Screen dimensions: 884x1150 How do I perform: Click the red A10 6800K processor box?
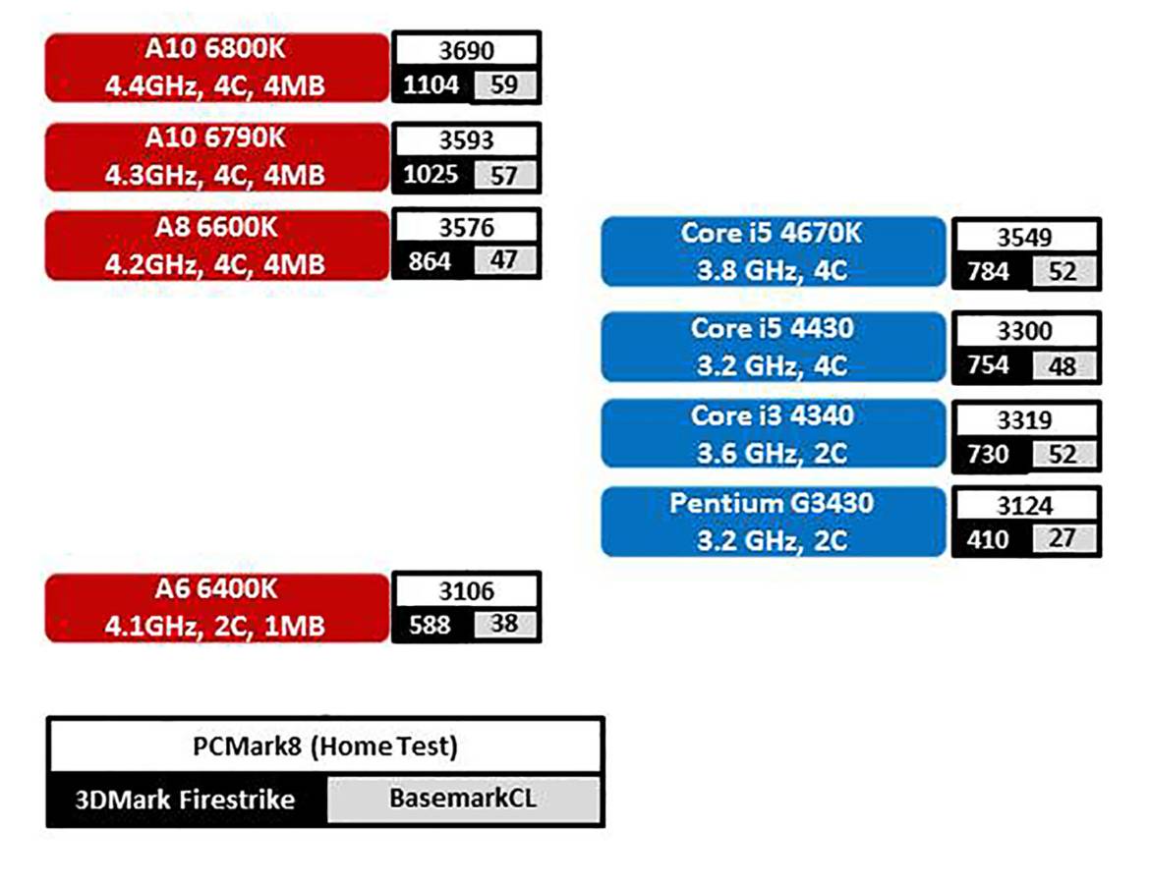pyautogui.click(x=217, y=67)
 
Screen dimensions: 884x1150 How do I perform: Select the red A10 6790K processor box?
pyautogui.click(x=217, y=157)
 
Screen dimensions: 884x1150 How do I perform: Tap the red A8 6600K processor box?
pyautogui.click(x=217, y=246)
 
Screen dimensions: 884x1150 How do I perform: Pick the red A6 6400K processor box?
pyautogui.click(x=217, y=608)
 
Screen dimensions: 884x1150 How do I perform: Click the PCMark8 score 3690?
pyautogui.click(x=466, y=51)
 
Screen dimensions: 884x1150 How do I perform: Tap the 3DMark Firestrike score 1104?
pyautogui.click(x=431, y=85)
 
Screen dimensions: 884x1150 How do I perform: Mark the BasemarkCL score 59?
pyautogui.click(x=504, y=85)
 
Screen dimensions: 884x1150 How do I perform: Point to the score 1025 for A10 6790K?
pyautogui.click(x=431, y=176)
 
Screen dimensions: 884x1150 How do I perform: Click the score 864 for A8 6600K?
pyautogui.click(x=431, y=262)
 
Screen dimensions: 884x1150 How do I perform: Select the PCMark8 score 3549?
pyautogui.click(x=1024, y=238)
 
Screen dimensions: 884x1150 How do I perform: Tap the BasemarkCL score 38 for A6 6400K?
pyautogui.click(x=504, y=625)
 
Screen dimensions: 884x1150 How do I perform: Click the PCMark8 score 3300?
pyautogui.click(x=1024, y=331)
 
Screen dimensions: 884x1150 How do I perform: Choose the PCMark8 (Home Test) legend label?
pyautogui.click(x=324, y=747)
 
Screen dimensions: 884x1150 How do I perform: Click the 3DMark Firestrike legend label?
pyautogui.click(x=186, y=800)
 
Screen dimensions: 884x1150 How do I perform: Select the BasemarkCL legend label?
pyautogui.click(x=463, y=800)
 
